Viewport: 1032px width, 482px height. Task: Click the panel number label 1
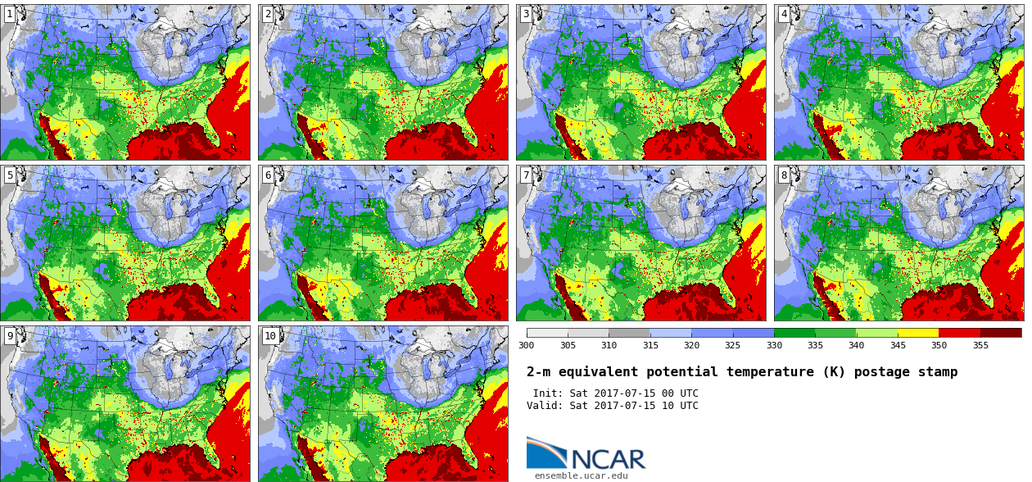tap(10, 14)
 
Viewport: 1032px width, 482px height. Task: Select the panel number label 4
tap(784, 14)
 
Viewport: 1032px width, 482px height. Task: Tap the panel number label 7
tap(526, 175)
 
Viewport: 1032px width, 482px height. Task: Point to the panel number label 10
tap(270, 335)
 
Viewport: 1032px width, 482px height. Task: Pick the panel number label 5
tap(10, 175)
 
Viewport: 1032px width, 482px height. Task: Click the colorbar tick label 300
tap(526, 345)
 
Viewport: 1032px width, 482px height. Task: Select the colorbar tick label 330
tap(774, 345)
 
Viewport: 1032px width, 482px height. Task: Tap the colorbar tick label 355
tap(980, 345)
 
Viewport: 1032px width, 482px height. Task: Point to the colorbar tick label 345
tap(897, 345)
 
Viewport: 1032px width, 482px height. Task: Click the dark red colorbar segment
tap(1000, 333)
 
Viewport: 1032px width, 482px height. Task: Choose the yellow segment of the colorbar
tap(917, 333)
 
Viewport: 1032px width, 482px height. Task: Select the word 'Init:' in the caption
tap(549, 393)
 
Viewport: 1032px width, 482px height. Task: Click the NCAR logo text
tap(608, 459)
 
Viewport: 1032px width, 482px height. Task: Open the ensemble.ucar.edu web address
tap(581, 475)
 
